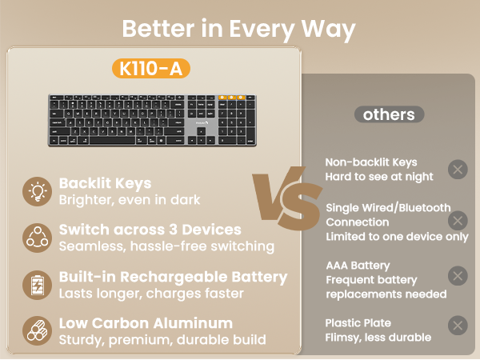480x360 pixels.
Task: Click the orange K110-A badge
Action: (152, 69)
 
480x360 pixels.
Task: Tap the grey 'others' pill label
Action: (389, 114)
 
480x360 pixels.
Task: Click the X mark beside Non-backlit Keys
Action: (457, 169)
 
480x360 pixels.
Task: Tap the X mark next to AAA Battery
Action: (457, 276)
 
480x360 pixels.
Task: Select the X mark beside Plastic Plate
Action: (457, 326)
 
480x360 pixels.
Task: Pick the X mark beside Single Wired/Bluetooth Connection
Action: (457, 221)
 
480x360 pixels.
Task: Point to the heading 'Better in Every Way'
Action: (238, 29)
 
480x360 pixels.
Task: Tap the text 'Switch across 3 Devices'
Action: (150, 230)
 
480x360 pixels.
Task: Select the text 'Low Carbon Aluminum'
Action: (146, 323)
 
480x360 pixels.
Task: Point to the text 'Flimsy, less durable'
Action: (378, 338)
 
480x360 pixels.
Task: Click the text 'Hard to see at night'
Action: (379, 176)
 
